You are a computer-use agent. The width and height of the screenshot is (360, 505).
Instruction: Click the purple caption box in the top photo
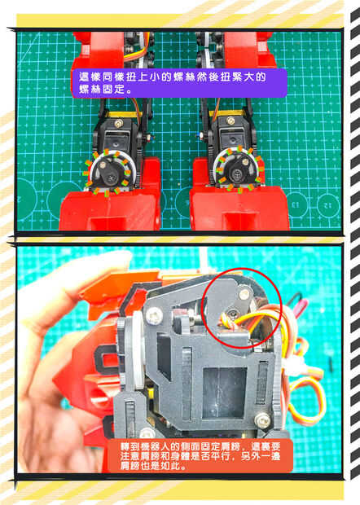point(179,83)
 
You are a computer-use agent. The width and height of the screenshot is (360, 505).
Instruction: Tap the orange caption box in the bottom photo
point(200,456)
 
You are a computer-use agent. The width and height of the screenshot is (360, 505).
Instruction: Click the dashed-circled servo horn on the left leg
point(108,173)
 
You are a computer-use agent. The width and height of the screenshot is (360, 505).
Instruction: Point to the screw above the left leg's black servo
point(119,123)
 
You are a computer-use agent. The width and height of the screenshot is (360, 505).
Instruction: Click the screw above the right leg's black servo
point(230,121)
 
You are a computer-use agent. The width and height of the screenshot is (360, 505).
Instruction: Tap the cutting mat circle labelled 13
point(296,205)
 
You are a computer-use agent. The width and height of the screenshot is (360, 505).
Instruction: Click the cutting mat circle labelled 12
point(327,205)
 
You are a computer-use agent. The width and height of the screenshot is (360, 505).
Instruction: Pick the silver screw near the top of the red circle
point(244,293)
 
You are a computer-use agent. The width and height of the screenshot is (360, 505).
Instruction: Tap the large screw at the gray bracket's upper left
point(155,315)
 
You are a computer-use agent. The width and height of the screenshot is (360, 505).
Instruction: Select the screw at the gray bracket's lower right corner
point(263,420)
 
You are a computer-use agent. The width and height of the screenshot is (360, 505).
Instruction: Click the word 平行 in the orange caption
point(217,456)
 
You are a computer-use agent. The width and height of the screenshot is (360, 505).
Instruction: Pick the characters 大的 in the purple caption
point(256,77)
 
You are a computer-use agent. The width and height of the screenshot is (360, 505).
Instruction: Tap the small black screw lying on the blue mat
point(331,362)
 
